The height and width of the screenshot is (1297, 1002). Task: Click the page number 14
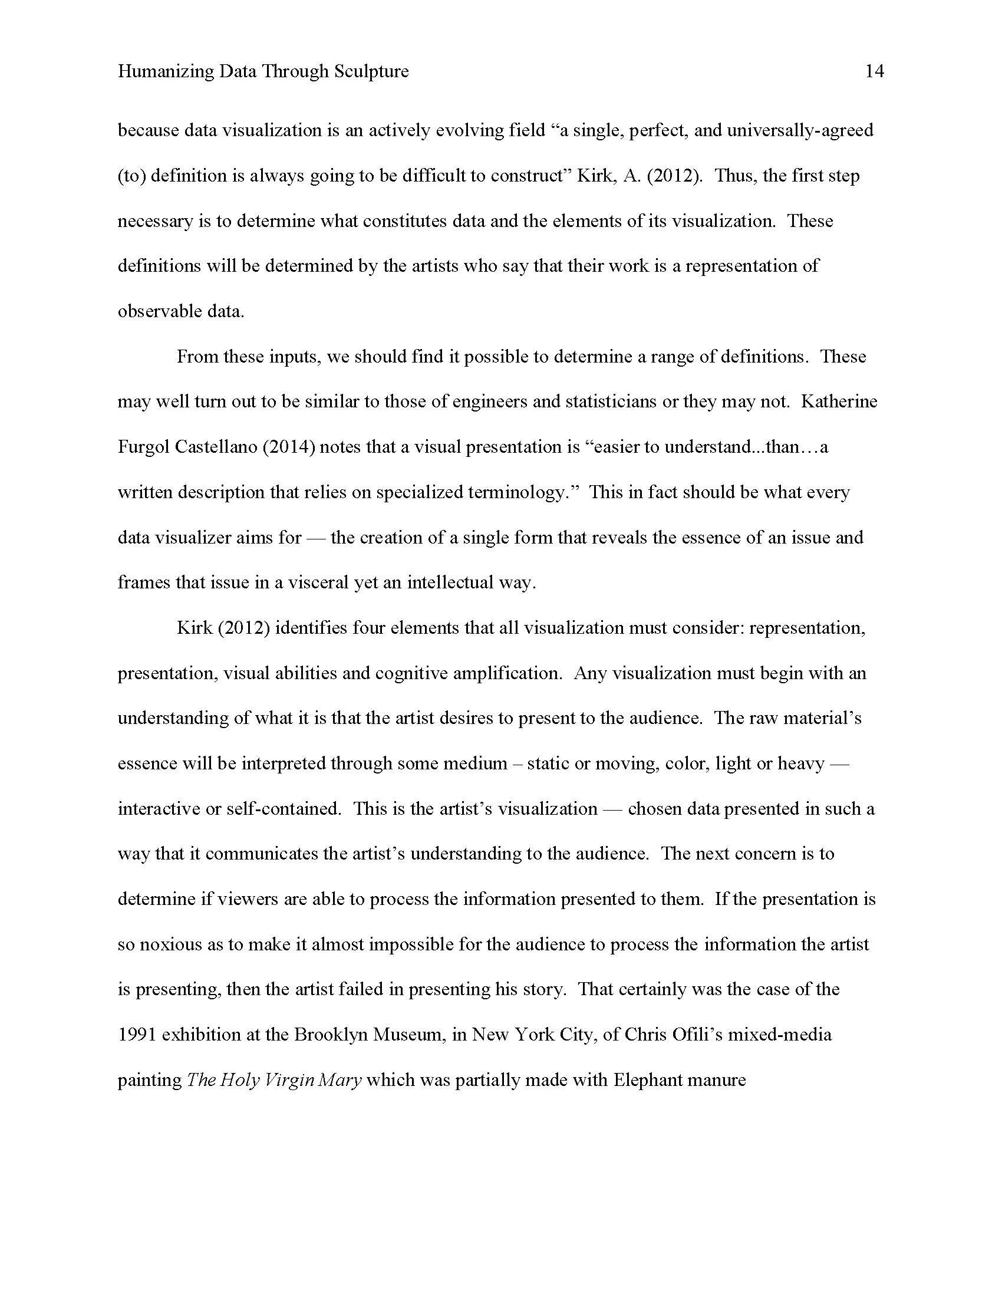point(874,72)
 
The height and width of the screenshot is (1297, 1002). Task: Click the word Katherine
point(839,401)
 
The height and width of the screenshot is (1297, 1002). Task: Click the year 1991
point(137,1035)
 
